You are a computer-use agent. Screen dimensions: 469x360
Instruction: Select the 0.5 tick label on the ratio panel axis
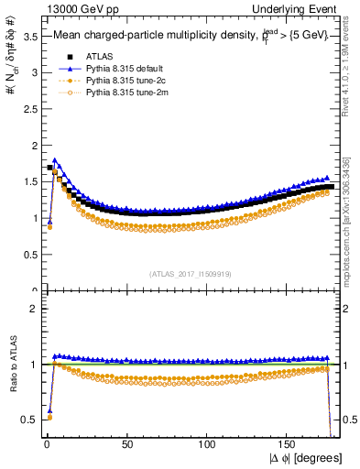click(27, 420)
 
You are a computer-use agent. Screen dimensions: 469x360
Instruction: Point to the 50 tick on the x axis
click(127, 446)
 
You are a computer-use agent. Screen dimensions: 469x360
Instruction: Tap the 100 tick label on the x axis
click(208, 446)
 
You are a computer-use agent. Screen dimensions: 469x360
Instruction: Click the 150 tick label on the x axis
click(289, 446)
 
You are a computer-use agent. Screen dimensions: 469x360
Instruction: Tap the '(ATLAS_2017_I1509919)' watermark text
click(190, 273)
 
